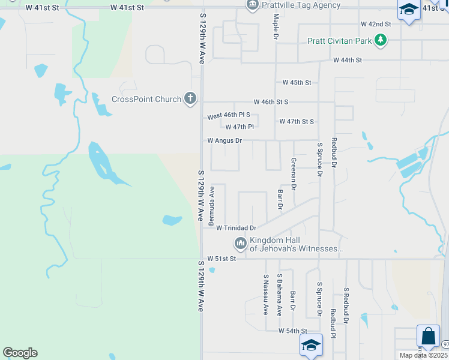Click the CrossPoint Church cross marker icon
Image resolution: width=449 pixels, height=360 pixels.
[190, 98]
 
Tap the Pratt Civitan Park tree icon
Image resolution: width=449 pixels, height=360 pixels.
[380, 41]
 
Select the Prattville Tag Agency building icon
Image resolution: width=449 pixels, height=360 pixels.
[253, 5]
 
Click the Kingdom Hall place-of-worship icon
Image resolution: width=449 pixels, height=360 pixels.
[240, 243]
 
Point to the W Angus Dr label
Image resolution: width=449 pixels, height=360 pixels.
[224, 140]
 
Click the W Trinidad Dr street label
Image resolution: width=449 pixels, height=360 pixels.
[236, 228]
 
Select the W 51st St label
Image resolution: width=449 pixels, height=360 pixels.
[222, 259]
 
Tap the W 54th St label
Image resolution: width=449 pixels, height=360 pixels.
[292, 331]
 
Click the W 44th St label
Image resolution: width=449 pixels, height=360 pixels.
[348, 61]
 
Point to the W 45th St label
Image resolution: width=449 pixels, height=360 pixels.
[297, 82]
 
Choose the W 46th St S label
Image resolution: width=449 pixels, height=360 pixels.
[271, 102]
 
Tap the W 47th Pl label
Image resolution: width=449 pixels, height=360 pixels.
[240, 127]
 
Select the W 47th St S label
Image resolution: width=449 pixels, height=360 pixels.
[297, 121]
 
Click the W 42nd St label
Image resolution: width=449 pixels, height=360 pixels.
[376, 24]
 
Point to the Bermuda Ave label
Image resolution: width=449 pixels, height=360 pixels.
[211, 206]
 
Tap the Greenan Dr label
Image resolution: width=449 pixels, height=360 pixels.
[294, 174]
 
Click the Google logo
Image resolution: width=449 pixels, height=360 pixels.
[20, 353]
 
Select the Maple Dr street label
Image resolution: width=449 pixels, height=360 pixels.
[276, 28]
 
